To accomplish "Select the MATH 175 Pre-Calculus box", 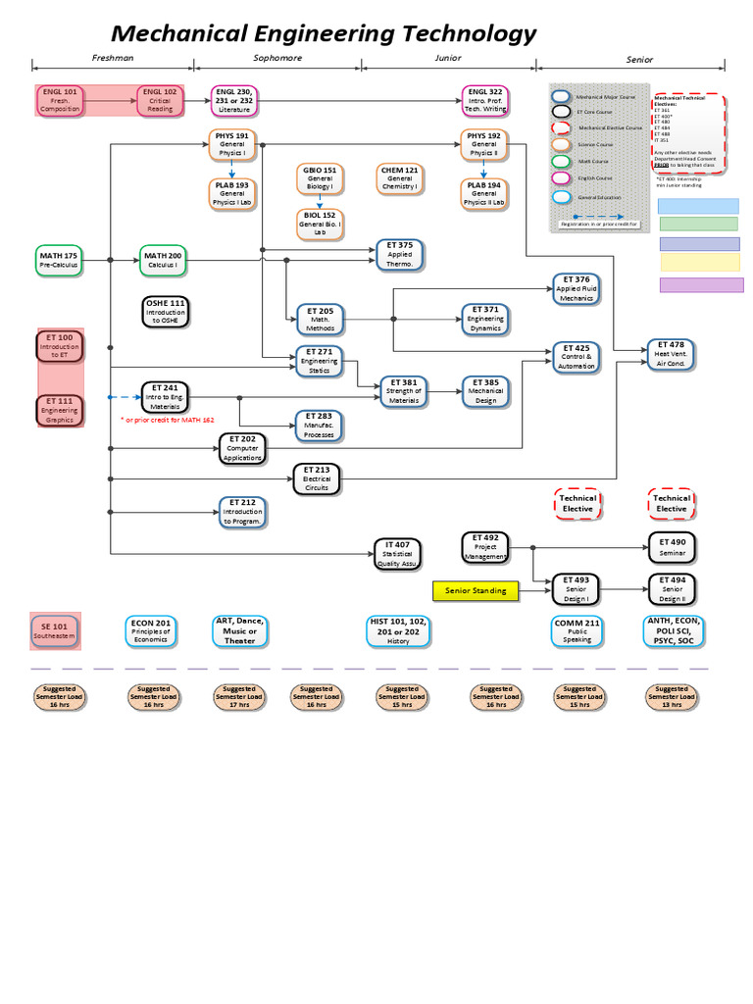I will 58,260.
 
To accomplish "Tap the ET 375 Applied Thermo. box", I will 399,253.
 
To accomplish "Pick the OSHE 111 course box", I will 165,311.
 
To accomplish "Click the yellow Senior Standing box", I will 475,590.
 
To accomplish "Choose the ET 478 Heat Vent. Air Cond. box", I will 672,353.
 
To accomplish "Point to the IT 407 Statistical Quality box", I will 397,554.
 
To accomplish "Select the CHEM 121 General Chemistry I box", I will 399,177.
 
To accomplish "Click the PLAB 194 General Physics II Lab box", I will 483,193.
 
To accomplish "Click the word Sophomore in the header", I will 277,58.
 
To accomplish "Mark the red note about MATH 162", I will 167,420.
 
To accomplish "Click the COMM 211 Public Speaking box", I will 577,630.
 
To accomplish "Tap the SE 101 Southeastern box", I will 55,629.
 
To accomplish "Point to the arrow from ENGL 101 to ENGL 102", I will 110,99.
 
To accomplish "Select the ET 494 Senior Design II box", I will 672,588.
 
